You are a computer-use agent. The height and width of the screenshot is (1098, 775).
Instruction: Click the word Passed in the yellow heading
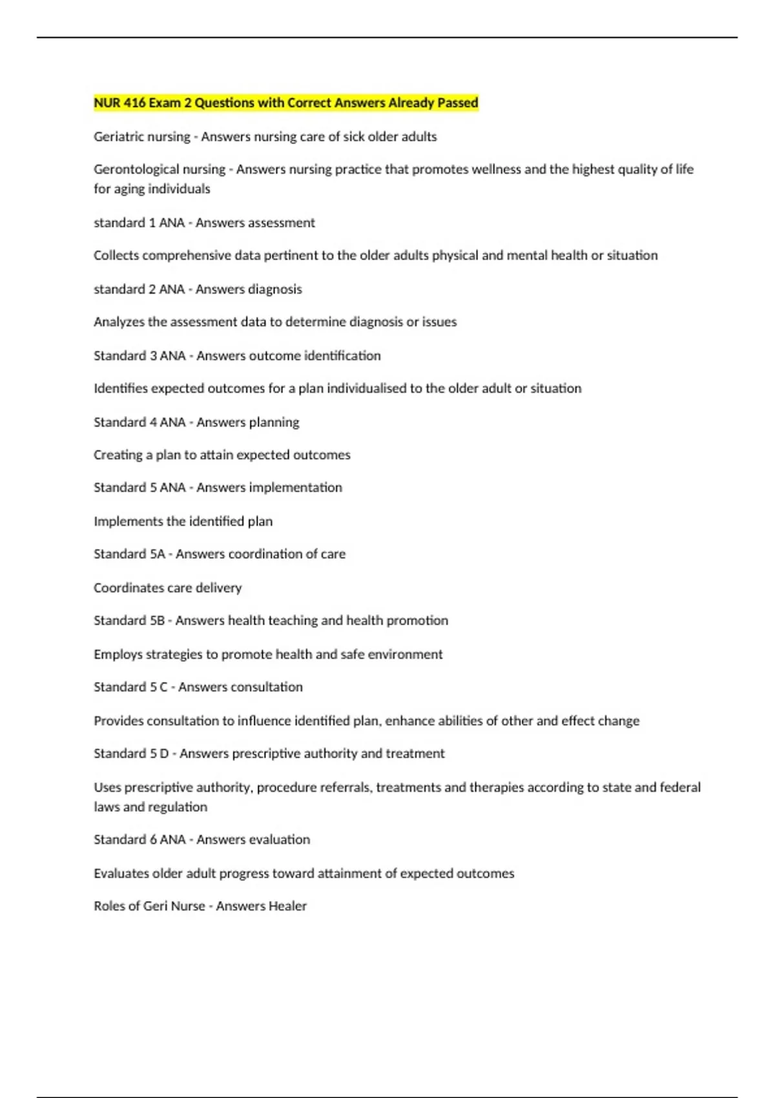[457, 103]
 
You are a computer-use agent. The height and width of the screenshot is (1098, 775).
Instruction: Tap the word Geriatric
[118, 136]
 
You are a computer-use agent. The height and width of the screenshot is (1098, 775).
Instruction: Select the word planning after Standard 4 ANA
[274, 422]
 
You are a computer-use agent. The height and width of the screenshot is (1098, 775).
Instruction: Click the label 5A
[158, 554]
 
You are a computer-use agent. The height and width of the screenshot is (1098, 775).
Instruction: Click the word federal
[680, 787]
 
